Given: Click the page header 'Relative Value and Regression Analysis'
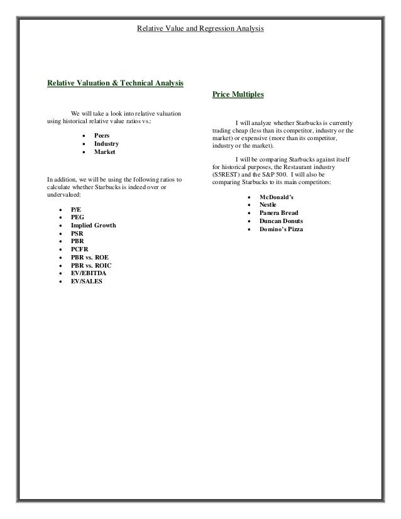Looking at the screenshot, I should [x=200, y=29].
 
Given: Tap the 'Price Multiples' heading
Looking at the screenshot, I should [x=238, y=94].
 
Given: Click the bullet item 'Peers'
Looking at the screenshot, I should [x=102, y=135].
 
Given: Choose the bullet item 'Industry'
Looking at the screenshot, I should [x=106, y=143].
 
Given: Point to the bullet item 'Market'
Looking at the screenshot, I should [x=104, y=152].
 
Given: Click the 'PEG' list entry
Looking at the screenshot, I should [x=77, y=216].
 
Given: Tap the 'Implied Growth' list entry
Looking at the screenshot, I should [x=93, y=225].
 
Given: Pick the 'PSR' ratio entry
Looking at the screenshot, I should [x=77, y=233].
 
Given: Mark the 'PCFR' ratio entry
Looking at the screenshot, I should [x=80, y=249].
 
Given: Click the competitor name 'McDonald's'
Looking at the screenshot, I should [x=276, y=197].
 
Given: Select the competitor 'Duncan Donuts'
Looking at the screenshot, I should [x=281, y=221].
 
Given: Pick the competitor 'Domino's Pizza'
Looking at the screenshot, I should [x=281, y=230].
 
